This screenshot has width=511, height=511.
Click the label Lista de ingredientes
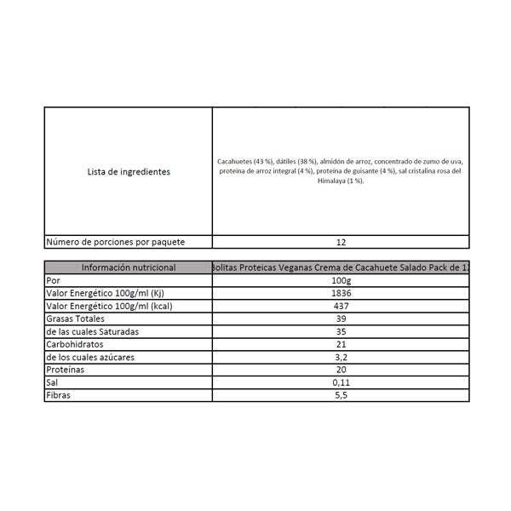coord(129,171)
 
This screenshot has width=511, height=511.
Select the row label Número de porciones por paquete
coord(127,242)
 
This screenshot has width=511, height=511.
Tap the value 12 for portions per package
coord(341,242)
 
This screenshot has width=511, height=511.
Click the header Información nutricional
coord(129,267)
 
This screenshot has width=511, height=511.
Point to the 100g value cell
coord(341,280)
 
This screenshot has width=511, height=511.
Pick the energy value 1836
coord(341,293)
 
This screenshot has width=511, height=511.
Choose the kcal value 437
coord(341,306)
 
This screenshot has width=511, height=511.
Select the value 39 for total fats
coord(341,319)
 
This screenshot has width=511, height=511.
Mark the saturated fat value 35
coord(341,331)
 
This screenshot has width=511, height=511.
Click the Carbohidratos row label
coord(77,344)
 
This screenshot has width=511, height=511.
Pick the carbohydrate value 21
coord(341,344)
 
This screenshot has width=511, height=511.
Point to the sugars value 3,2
coord(341,357)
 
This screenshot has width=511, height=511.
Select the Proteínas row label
coord(67,370)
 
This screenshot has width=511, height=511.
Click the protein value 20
coord(341,370)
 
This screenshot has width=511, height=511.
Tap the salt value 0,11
coord(341,383)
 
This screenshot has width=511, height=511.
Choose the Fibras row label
coord(60,396)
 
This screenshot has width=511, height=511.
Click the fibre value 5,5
coord(341,396)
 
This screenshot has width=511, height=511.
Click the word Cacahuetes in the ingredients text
coord(235,161)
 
